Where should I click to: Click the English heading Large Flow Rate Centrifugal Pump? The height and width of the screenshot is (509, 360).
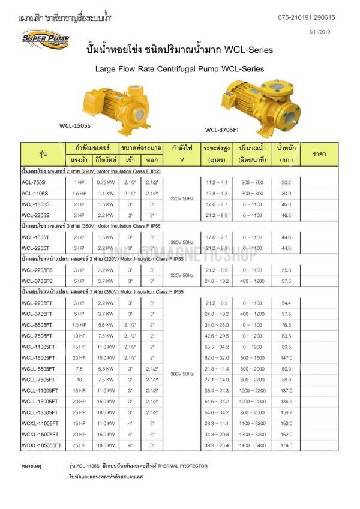[x=180, y=70]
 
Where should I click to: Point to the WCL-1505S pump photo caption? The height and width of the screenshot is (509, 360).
[x=74, y=126]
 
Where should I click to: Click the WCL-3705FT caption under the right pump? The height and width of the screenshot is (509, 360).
[x=223, y=129]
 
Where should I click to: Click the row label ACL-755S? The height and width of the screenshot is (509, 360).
[x=35, y=182]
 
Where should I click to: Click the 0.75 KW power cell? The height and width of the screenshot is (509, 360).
[x=106, y=182]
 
